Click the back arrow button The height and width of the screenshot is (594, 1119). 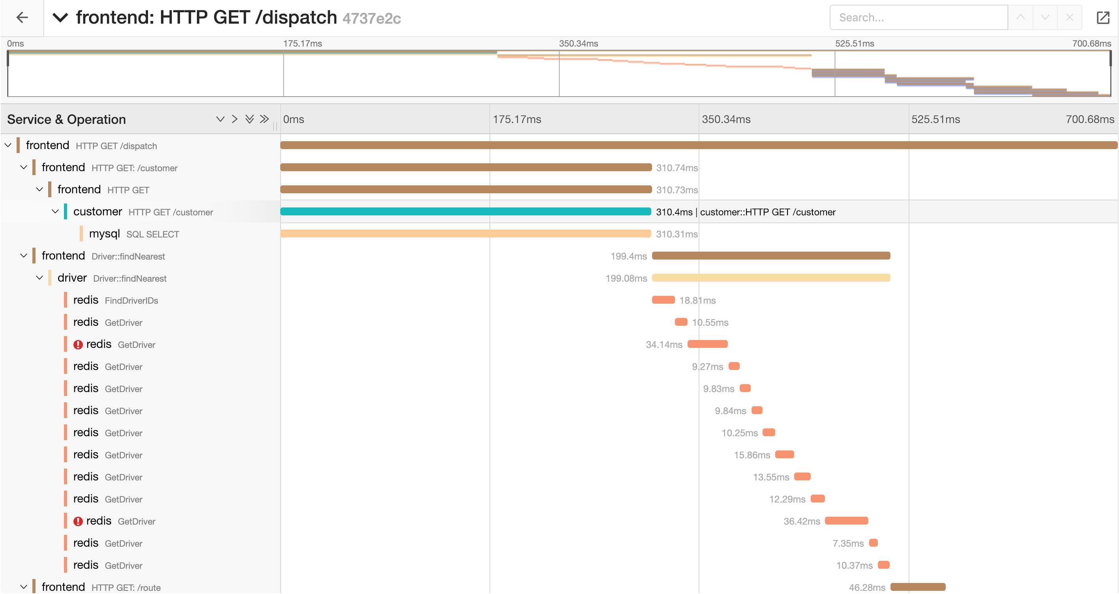[22, 17]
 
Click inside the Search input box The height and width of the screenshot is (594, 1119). [918, 17]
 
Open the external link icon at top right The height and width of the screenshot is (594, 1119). [1102, 17]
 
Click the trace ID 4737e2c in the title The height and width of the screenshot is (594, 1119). [371, 18]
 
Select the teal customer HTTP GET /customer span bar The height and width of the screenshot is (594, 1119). [465, 211]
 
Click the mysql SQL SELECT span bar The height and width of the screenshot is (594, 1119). [465, 233]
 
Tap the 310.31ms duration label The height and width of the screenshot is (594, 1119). [677, 234]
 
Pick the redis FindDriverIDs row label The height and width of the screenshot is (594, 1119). [115, 300]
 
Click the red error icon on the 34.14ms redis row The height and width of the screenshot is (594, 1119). [78, 345]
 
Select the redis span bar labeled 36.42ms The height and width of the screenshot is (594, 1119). [846, 521]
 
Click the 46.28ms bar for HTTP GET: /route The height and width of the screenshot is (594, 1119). [917, 587]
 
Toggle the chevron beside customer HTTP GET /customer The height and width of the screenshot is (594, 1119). [55, 211]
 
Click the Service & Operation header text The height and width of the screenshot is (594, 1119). [66, 120]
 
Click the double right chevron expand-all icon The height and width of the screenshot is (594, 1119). [264, 119]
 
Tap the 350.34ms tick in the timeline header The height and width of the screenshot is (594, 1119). [726, 120]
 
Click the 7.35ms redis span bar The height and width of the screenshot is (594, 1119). [873, 543]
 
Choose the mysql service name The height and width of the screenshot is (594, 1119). [104, 233]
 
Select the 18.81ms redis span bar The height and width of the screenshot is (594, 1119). [663, 300]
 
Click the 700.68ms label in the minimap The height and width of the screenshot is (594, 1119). [1091, 43]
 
